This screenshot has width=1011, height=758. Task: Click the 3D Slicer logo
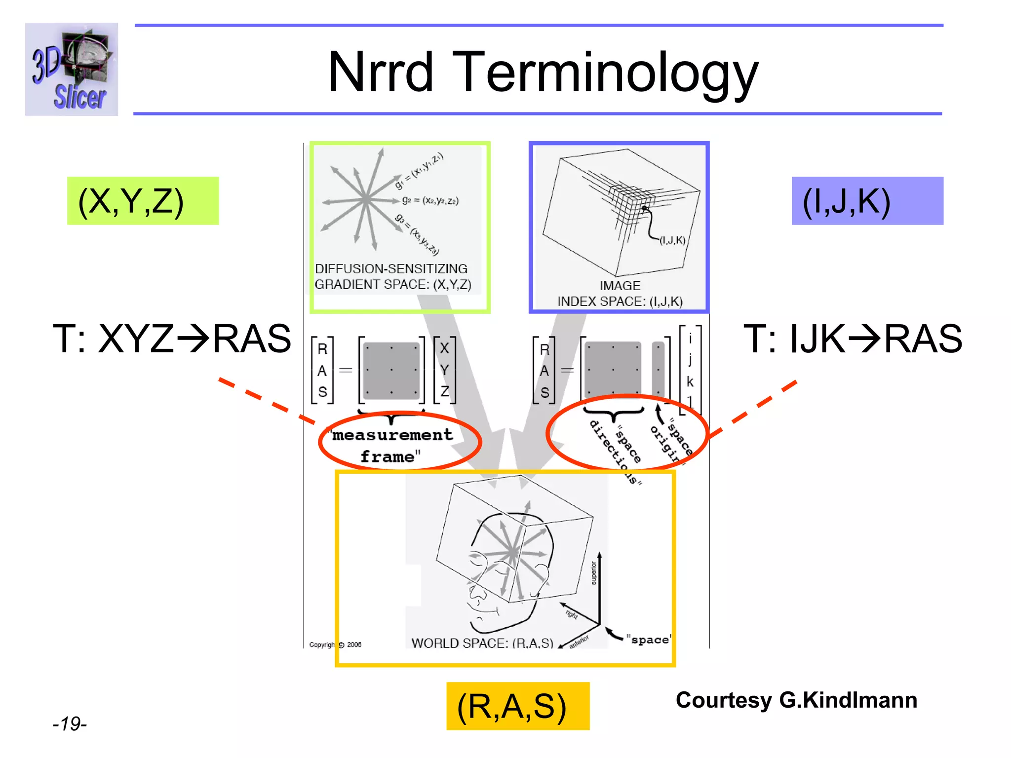(x=72, y=70)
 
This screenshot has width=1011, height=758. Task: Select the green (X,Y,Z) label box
(x=143, y=201)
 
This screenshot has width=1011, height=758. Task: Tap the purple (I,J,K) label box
(x=867, y=201)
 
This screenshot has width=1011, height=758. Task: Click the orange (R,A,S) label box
(x=517, y=706)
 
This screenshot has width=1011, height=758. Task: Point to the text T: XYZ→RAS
(x=172, y=339)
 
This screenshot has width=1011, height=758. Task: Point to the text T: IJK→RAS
(x=853, y=339)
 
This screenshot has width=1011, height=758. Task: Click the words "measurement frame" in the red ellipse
(x=392, y=445)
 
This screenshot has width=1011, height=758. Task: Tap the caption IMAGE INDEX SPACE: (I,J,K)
(x=620, y=294)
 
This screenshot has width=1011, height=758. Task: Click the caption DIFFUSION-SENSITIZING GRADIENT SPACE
(x=392, y=276)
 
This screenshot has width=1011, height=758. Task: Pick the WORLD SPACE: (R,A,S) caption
(x=482, y=643)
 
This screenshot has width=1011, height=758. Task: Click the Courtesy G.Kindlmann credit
(x=796, y=700)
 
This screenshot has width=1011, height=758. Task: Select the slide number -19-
(x=70, y=724)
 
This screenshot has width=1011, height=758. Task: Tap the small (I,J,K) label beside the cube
(x=672, y=240)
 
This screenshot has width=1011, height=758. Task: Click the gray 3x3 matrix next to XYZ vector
(x=391, y=370)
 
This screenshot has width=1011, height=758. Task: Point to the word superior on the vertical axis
(x=593, y=572)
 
